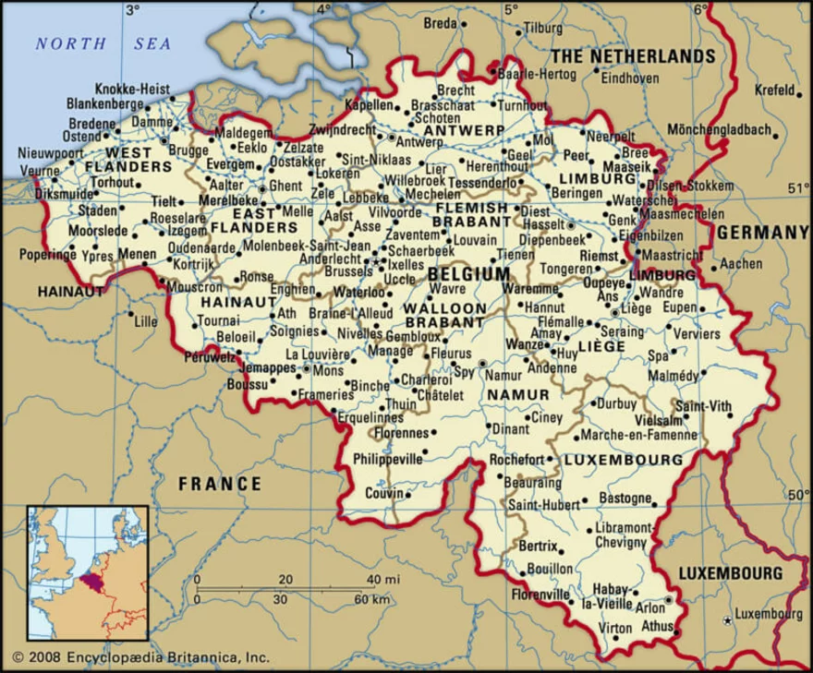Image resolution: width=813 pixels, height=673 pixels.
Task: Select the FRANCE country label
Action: (220, 483)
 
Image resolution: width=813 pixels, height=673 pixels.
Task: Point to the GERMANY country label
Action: (762, 232)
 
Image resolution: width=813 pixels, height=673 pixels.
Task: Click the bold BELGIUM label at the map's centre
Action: (468, 274)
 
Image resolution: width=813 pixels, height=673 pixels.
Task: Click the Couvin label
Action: (385, 493)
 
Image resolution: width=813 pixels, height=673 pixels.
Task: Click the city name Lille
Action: (145, 322)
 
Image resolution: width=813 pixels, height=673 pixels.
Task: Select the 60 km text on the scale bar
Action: (370, 599)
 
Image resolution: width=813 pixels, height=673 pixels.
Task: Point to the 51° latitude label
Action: (796, 189)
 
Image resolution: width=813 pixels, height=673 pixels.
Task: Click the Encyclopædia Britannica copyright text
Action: (140, 657)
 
